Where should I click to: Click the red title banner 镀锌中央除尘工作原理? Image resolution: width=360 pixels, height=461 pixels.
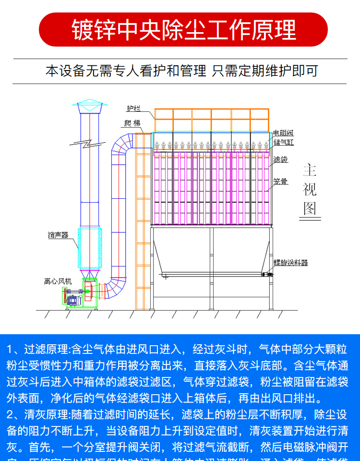click(x=183, y=29)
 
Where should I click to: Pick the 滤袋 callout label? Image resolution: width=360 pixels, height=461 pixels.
click(x=281, y=159)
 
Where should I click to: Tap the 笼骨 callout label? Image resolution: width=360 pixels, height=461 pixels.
click(x=281, y=182)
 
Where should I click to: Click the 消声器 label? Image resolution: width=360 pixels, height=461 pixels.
click(x=58, y=235)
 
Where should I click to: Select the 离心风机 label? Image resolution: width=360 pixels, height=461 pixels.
click(x=58, y=281)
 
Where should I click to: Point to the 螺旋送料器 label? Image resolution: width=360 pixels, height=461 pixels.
click(x=290, y=263)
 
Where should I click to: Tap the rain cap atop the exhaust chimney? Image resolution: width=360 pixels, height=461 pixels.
click(x=89, y=107)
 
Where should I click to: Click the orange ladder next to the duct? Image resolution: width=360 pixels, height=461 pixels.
click(x=143, y=221)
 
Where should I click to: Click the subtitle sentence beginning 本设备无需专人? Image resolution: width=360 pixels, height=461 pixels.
click(x=181, y=71)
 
